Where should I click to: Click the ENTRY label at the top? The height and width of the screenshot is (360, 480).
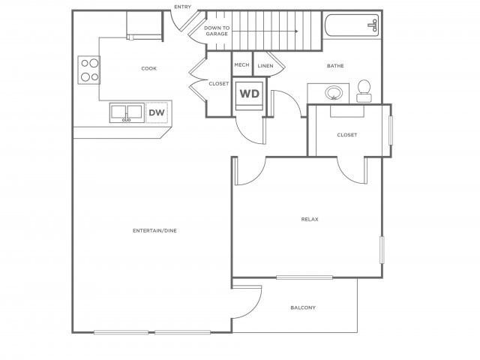tap(182, 7)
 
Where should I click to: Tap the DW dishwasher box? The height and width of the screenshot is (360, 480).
tap(156, 112)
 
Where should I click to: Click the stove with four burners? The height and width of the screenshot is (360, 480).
tap(89, 70)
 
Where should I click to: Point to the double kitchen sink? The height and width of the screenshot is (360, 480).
tap(127, 112)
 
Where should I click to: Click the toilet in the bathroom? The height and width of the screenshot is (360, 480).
tap(364, 91)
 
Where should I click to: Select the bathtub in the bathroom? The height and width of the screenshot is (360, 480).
tap(352, 26)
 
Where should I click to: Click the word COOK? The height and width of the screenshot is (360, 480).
tap(148, 68)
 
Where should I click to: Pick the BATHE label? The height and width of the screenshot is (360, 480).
tap(335, 66)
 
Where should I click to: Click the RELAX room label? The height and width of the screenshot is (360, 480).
tap(310, 219)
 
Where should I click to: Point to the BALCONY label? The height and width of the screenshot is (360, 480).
tap(302, 307)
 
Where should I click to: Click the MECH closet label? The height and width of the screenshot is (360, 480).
tap(241, 65)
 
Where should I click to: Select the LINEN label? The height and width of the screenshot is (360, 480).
tap(265, 66)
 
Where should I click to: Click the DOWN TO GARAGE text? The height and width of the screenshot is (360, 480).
tap(217, 31)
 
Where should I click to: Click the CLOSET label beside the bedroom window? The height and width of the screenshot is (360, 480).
tap(347, 135)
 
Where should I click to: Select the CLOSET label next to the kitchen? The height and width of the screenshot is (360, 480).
tap(219, 83)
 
